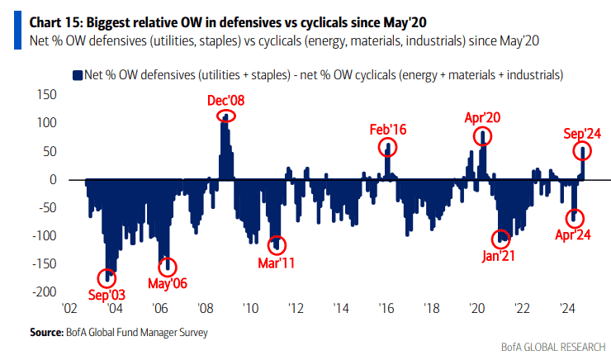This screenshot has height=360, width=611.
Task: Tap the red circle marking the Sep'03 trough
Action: tap(107, 278)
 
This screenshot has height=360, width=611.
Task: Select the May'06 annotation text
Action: tap(167, 283)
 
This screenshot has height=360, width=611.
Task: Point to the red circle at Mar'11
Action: tap(277, 244)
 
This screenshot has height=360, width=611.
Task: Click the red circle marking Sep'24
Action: tap(585, 151)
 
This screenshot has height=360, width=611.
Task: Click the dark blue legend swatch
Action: tap(78, 74)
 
